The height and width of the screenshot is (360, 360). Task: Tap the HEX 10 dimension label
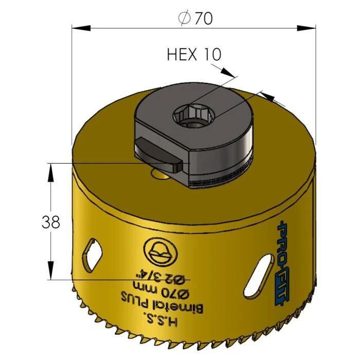(x=194, y=55)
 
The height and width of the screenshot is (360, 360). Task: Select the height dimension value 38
(x=51, y=222)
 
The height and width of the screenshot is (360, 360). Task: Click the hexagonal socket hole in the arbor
(x=194, y=115)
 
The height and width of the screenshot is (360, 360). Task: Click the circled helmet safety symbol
(x=160, y=253)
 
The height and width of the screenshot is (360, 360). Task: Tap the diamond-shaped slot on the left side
(x=93, y=255)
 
